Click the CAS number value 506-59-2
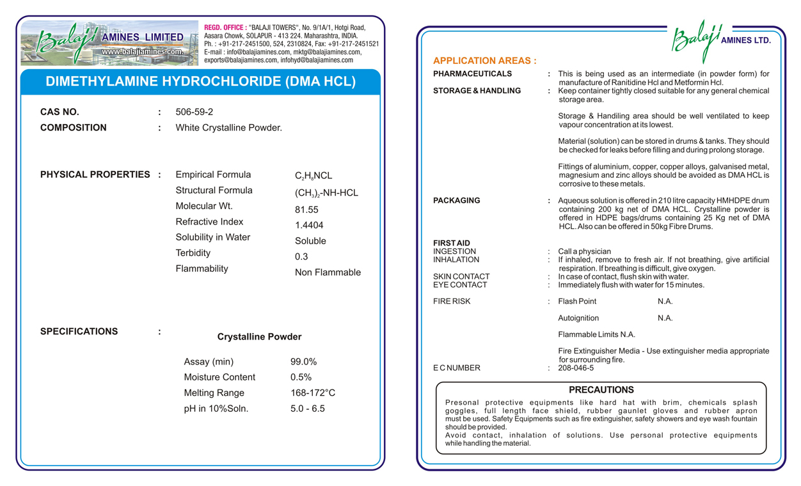coord(194,112)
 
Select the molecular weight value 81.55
coord(306,210)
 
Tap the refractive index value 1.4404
coord(309,225)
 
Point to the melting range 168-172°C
coord(313,393)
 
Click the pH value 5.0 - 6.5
coord(308,409)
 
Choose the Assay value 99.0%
coord(303,361)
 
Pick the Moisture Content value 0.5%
coord(301,377)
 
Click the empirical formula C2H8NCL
coord(313,176)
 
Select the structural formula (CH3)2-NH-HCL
coord(326,193)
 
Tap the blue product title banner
coord(200,82)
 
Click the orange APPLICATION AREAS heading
coord(484,61)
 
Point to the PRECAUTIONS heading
coord(601,389)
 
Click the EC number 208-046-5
coord(576,368)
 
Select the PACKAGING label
coord(456,201)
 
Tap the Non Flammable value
coord(328,272)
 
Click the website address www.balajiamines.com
coord(142,52)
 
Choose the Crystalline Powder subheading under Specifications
coord(259,337)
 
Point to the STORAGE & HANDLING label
coord(477,91)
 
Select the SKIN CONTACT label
coord(461,277)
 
